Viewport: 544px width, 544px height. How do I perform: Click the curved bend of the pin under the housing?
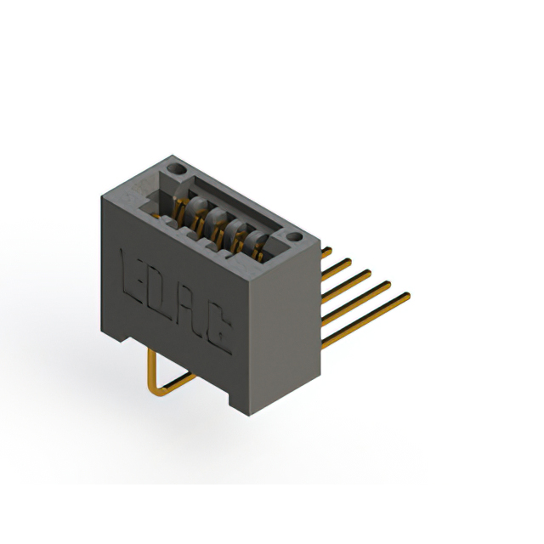(x=156, y=390)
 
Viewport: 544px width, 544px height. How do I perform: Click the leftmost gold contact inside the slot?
(x=180, y=205)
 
